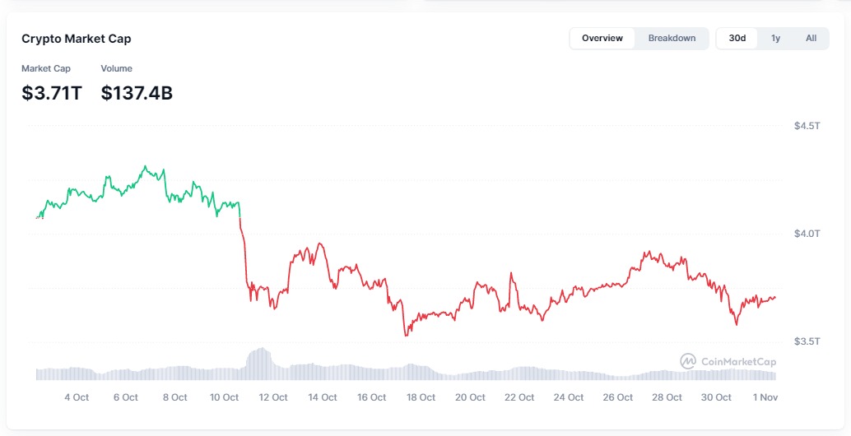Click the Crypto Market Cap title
76,39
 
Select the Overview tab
602,38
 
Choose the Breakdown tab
672,38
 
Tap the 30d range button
737,38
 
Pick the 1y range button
775,38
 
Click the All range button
811,38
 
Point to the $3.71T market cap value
52,93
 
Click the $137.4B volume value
137,93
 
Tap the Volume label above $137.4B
116,68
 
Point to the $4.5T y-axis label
807,126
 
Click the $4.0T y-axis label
807,234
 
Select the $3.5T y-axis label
807,341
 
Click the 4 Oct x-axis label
77,397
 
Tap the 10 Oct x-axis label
224,397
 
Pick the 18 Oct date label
421,397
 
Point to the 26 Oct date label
617,397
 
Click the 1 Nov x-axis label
765,397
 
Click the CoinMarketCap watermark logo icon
688,361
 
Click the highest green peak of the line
146,166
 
